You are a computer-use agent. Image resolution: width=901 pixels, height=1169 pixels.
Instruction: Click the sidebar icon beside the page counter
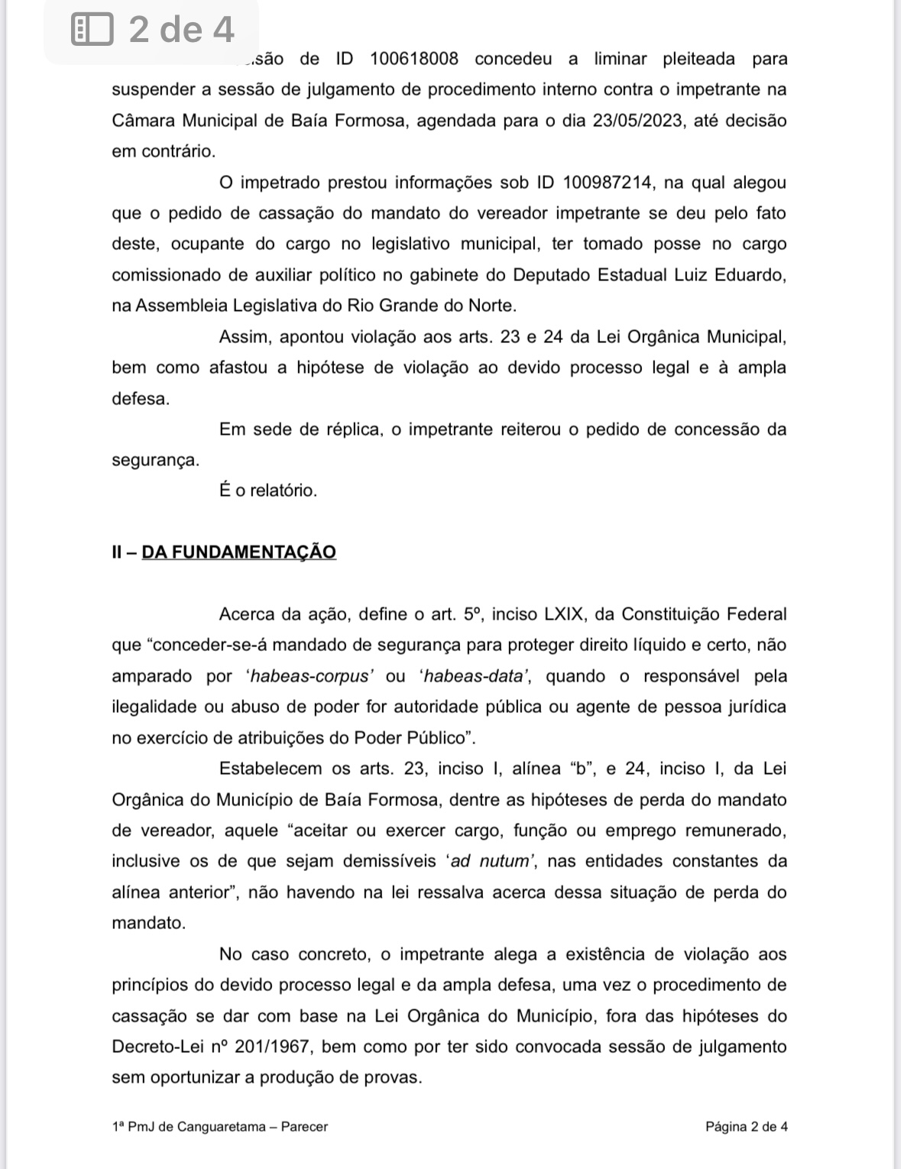coord(92,31)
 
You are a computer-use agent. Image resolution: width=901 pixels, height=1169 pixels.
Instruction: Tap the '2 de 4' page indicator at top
coord(181,31)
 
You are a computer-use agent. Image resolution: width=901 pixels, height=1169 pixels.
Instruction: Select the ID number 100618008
coord(414,59)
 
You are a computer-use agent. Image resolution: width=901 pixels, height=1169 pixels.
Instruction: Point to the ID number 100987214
coord(608,183)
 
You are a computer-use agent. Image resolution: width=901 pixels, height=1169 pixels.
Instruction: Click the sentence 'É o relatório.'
coord(267,491)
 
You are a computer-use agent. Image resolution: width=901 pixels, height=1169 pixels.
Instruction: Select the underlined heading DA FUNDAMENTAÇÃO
coord(239,552)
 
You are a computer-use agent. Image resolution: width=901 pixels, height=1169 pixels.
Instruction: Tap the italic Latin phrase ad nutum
coord(490,861)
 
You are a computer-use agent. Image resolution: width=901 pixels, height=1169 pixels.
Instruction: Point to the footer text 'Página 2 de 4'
coord(747,1126)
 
